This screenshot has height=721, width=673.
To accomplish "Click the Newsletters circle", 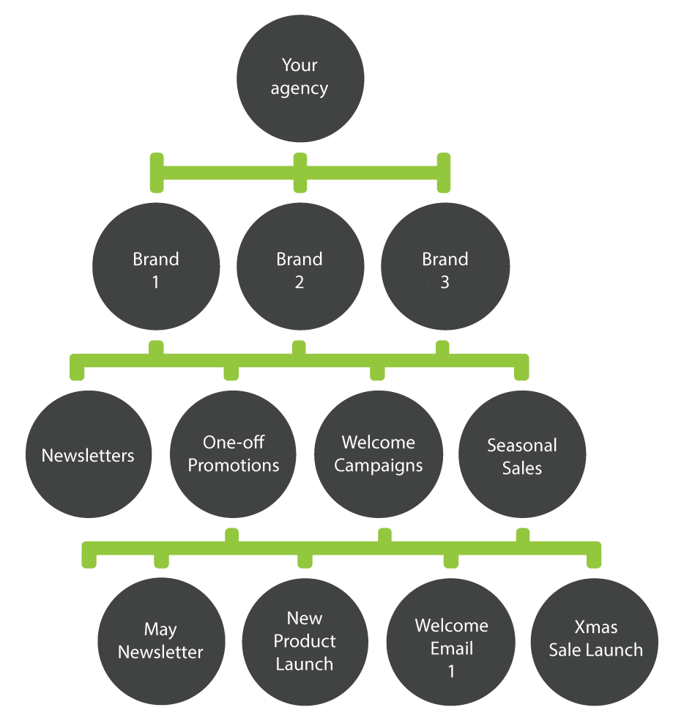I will tap(88, 455).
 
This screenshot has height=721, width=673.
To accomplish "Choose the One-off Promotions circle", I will tap(234, 455).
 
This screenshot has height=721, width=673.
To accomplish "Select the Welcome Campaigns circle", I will tap(378, 455).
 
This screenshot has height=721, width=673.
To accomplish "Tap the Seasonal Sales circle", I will tap(522, 455).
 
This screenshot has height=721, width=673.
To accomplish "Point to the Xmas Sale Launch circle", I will tap(595, 639).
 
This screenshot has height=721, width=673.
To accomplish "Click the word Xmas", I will tap(595, 627).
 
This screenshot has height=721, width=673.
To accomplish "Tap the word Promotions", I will tap(234, 466).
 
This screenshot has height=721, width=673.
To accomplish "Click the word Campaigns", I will tap(378, 466).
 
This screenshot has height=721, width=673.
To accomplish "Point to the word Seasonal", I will tap(522, 445).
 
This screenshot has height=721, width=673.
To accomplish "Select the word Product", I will tap(305, 641).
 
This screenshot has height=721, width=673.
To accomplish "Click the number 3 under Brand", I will tap(445, 283).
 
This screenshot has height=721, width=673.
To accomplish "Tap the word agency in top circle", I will tap(300, 89).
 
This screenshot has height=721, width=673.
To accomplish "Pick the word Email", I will tap(451, 648).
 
